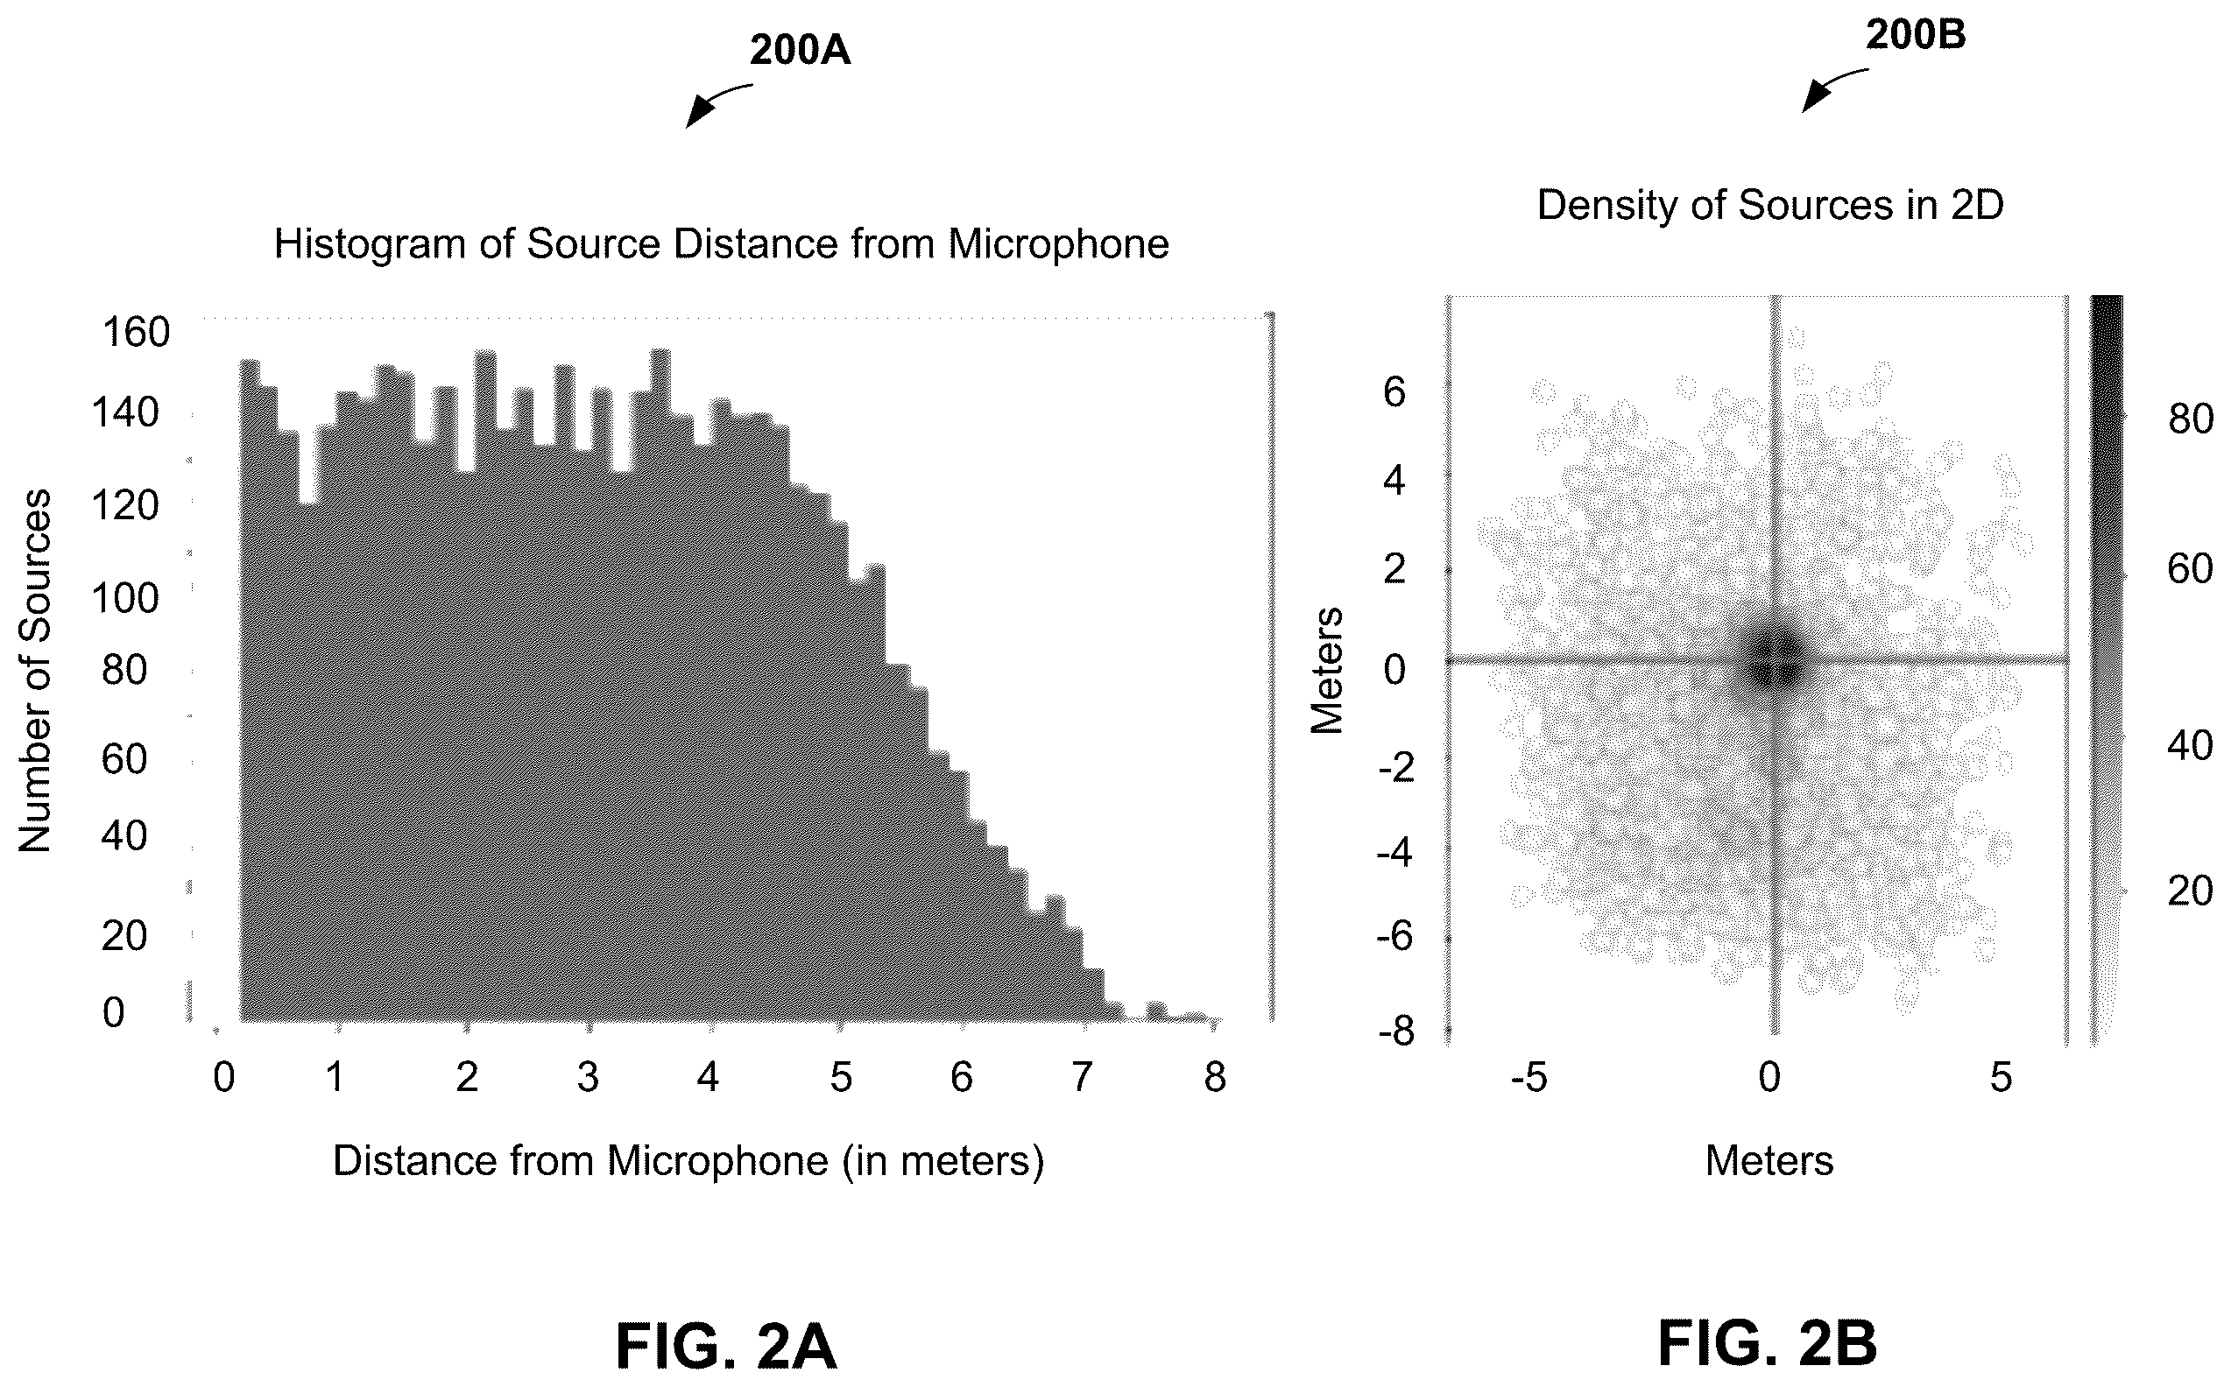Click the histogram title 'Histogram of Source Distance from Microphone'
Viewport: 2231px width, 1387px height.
point(722,244)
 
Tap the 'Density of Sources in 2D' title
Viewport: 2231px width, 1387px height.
point(1770,205)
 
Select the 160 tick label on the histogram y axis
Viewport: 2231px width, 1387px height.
point(136,332)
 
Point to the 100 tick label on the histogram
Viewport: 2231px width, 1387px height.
point(125,598)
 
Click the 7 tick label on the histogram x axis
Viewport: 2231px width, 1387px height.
point(1083,1077)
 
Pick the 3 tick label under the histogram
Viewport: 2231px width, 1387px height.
point(588,1077)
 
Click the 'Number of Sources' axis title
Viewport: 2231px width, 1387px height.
point(35,671)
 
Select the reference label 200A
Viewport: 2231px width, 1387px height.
point(800,51)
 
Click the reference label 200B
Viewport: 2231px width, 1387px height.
point(1916,35)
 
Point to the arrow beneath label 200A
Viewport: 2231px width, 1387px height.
point(718,103)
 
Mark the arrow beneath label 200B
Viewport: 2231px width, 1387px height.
point(1835,89)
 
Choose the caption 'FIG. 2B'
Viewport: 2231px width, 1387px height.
point(1767,1344)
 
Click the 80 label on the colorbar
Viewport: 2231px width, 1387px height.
point(2191,420)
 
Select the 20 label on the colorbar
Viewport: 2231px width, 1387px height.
point(2191,891)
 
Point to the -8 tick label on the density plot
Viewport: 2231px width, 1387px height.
point(1396,1033)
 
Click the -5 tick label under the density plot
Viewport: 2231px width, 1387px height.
point(1529,1077)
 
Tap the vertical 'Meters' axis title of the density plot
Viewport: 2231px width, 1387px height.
point(1326,671)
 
